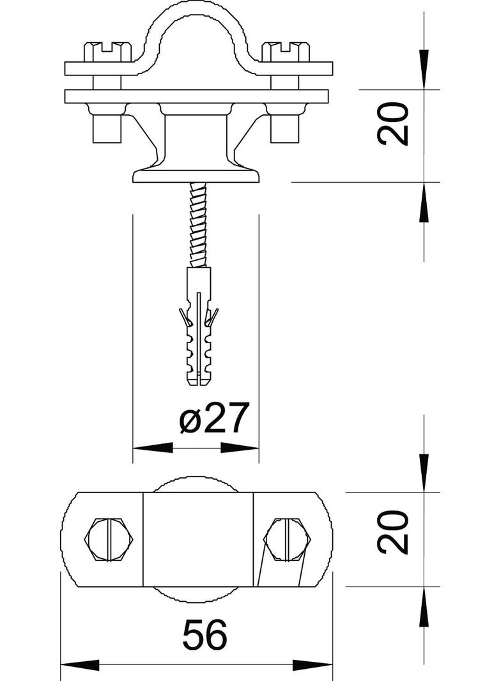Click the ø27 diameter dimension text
tap(213, 420)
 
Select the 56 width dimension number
tap(204, 635)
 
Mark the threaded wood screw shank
tap(199, 224)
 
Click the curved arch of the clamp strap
tap(199, 26)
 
